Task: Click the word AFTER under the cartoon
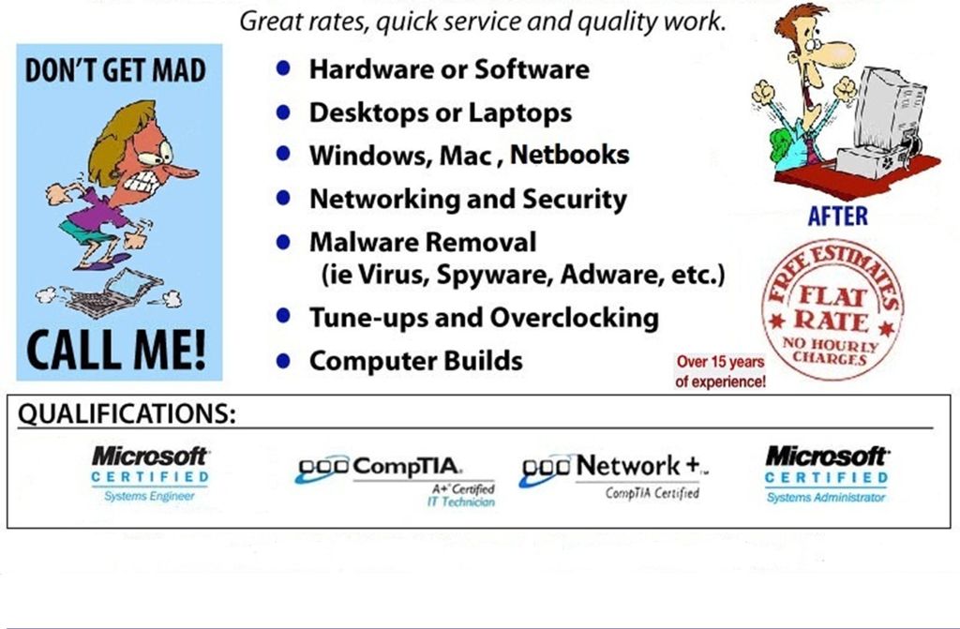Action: [837, 217]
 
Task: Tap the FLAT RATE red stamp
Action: [832, 309]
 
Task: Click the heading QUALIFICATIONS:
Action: [126, 414]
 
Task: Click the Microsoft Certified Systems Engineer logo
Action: [150, 472]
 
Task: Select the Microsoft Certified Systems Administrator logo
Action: [826, 472]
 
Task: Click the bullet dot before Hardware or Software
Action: [284, 69]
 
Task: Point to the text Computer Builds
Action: [415, 360]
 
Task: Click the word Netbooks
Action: [569, 155]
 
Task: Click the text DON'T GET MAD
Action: [116, 71]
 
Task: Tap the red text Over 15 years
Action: [720, 363]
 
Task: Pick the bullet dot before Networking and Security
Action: [284, 200]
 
